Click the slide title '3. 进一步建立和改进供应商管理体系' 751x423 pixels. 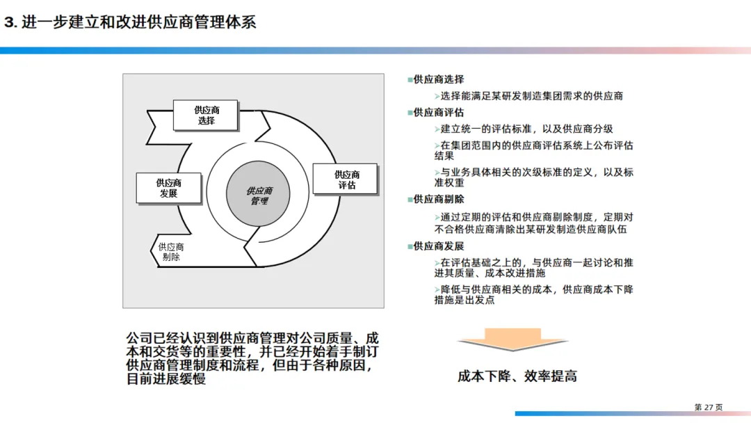pyautogui.click(x=130, y=22)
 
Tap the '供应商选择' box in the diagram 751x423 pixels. pyautogui.click(x=206, y=115)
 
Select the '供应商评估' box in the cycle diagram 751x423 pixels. pyautogui.click(x=346, y=180)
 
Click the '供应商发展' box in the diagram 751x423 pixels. pyautogui.click(x=168, y=189)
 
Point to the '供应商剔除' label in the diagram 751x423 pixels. pyautogui.click(x=170, y=252)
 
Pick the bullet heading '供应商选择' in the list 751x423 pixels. pyautogui.click(x=439, y=80)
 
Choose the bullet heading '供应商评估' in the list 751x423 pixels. pyautogui.click(x=439, y=113)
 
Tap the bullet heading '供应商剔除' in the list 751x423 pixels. pyautogui.click(x=439, y=200)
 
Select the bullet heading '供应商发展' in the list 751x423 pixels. pyautogui.click(x=439, y=246)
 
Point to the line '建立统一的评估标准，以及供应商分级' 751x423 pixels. pyautogui.click(x=526, y=129)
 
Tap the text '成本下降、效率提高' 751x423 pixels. pyautogui.click(x=517, y=376)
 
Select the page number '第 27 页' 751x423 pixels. pyautogui.click(x=709, y=407)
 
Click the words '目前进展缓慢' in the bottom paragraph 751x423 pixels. pyautogui.click(x=166, y=380)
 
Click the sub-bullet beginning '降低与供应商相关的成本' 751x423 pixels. pyautogui.click(x=534, y=295)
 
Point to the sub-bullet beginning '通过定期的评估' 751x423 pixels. pyautogui.click(x=534, y=222)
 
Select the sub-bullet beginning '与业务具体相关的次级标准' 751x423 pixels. pyautogui.click(x=534, y=177)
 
